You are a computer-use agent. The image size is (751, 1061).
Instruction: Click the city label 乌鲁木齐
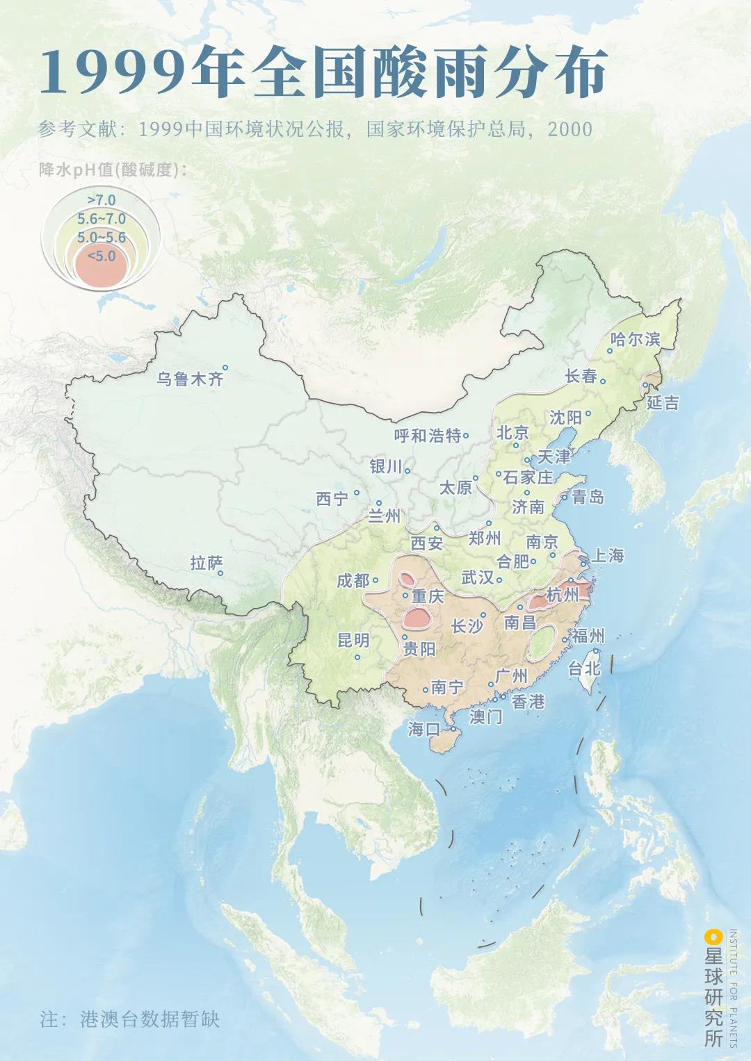190,379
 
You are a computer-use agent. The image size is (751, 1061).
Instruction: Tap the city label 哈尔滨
634,339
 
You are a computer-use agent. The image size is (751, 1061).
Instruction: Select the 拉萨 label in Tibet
207,562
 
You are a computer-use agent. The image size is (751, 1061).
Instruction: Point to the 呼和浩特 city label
427,436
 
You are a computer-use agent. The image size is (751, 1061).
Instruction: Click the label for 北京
512,432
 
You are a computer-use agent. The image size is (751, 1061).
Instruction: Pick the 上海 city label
607,555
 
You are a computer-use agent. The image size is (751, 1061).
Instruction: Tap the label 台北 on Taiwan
583,668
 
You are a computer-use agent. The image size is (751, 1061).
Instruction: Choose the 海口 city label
424,729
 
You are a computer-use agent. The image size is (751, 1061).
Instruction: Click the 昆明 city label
353,640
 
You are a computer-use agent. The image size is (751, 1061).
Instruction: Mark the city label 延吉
662,402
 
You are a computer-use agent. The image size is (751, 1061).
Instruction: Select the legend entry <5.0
102,256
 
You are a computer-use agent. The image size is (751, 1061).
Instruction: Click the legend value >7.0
102,201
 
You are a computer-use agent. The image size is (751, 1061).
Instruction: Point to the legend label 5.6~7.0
102,219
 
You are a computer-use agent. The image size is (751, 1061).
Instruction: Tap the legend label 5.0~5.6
102,237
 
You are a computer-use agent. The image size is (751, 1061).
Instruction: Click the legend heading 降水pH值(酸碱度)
113,170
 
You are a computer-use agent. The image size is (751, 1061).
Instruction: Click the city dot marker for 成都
375,579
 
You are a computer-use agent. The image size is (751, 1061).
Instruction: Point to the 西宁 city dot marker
357,493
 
